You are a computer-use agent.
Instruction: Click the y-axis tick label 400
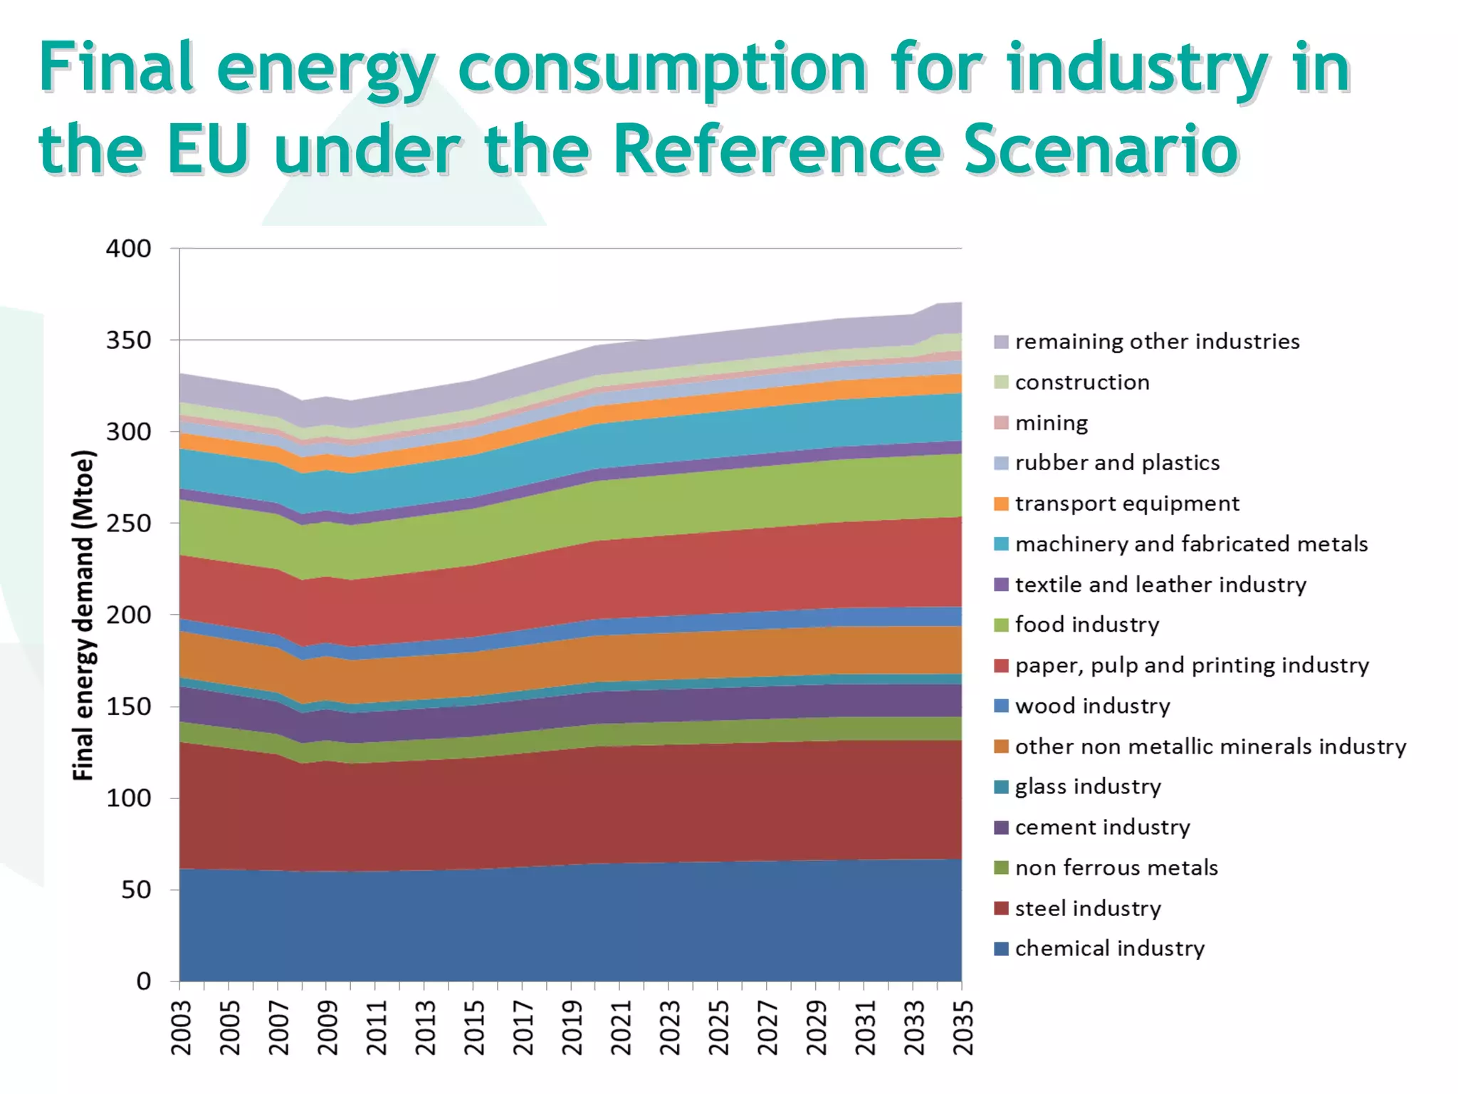[x=128, y=249]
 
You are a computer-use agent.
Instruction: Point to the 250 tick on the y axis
[x=128, y=523]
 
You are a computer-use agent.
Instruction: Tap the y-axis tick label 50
[x=136, y=890]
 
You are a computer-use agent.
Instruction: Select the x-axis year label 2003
[x=182, y=1028]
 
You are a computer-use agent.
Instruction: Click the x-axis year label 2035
[x=963, y=1028]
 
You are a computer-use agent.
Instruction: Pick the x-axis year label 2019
[x=572, y=1028]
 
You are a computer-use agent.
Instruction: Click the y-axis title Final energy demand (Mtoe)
[x=83, y=615]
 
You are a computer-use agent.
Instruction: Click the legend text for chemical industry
[x=1109, y=949]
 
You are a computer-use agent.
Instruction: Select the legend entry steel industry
[x=1088, y=909]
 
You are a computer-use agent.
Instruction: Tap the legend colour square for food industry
[x=1001, y=625]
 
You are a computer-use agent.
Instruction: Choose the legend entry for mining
[x=1051, y=423]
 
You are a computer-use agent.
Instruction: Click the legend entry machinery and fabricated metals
[x=1191, y=544]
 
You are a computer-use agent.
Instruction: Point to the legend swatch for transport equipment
[x=1001, y=504]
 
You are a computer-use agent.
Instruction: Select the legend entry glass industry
[x=1088, y=787]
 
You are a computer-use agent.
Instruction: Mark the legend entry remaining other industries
[x=1157, y=342]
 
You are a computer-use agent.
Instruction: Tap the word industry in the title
[x=1137, y=68]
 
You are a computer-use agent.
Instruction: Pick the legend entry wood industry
[x=1092, y=706]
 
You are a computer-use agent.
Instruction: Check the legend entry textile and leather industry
[x=1160, y=585]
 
